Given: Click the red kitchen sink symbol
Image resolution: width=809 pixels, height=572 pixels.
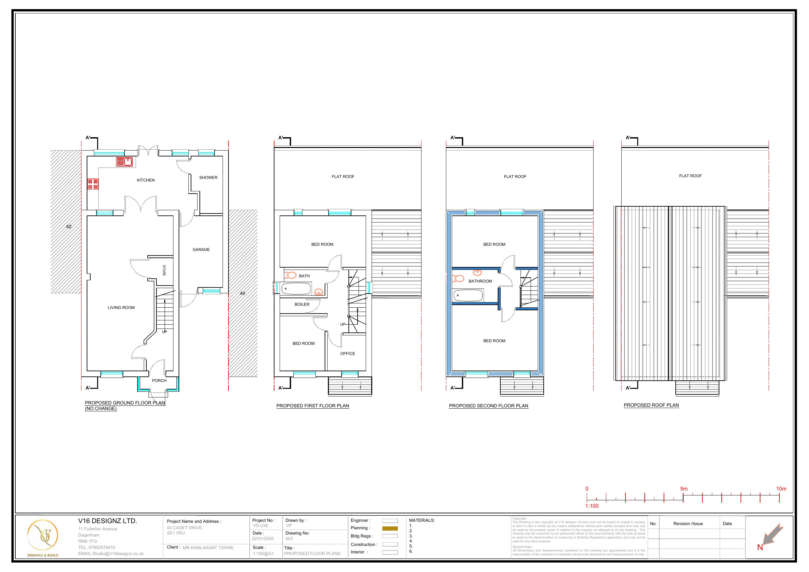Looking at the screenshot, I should click(124, 162).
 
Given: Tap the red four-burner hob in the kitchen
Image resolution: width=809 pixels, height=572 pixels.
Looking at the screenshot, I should click(93, 184).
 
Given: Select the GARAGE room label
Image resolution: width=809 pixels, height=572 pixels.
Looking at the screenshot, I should click(201, 250).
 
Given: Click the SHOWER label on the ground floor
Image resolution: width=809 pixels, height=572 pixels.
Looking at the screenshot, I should click(208, 178).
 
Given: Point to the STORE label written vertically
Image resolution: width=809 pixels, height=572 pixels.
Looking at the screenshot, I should click(164, 270).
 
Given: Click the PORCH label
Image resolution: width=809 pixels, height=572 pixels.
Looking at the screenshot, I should click(159, 381).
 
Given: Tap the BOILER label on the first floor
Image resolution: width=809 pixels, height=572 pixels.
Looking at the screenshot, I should click(302, 304).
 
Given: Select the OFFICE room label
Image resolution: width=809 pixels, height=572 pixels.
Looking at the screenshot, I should click(347, 354).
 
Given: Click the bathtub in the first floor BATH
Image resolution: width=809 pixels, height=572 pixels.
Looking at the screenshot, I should click(296, 289).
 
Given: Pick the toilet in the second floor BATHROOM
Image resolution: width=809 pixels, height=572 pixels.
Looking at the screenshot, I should click(458, 278).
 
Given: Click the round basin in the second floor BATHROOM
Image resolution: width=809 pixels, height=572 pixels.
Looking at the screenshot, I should click(478, 272).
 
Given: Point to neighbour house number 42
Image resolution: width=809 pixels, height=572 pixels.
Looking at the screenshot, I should click(69, 227).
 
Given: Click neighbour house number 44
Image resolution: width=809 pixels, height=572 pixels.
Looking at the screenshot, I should click(243, 293).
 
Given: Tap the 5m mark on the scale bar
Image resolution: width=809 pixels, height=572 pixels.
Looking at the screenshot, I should click(684, 489).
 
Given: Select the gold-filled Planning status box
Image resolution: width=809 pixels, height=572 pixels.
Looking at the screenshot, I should click(390, 528).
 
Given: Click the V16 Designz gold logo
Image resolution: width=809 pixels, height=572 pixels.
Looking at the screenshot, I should click(42, 536).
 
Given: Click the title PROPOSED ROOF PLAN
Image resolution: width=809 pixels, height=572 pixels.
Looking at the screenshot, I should click(651, 405).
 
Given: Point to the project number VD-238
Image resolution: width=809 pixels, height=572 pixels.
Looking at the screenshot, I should click(260, 525).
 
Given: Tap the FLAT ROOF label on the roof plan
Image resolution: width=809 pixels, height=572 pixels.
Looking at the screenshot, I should click(690, 176).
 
